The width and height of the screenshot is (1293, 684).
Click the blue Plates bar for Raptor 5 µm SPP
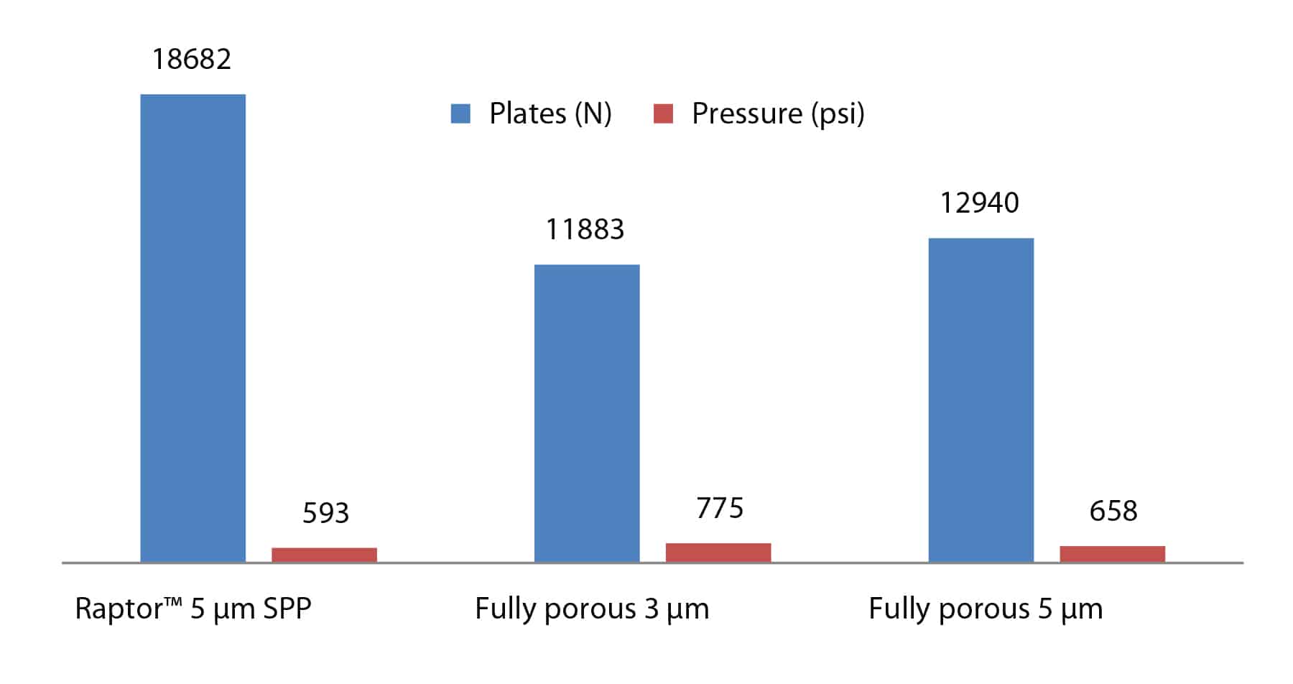point(193,328)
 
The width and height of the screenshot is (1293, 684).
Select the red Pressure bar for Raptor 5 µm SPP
point(324,555)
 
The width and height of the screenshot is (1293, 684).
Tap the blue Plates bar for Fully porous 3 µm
point(587,413)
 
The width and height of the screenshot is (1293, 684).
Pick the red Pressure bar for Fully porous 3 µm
point(718,553)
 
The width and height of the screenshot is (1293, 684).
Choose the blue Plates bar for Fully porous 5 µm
point(981,399)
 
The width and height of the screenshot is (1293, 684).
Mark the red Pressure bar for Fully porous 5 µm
point(1112,554)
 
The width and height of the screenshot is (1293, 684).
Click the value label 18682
point(192,59)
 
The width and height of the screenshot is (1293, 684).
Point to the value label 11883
point(585,229)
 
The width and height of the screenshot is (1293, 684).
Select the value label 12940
point(979,203)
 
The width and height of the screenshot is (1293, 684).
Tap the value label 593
point(325,513)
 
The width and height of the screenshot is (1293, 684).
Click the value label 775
point(720,508)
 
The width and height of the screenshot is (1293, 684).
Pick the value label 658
point(1113,511)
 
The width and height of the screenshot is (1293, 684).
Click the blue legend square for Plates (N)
point(460,114)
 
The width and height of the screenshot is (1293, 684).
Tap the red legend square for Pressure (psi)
point(663,114)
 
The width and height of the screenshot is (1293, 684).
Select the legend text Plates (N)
point(550,114)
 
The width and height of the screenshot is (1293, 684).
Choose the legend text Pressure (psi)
point(778,114)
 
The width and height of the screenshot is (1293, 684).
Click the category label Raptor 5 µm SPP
point(193,609)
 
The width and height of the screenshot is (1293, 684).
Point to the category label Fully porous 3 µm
point(592,609)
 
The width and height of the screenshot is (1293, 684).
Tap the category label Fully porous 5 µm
point(986,609)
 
